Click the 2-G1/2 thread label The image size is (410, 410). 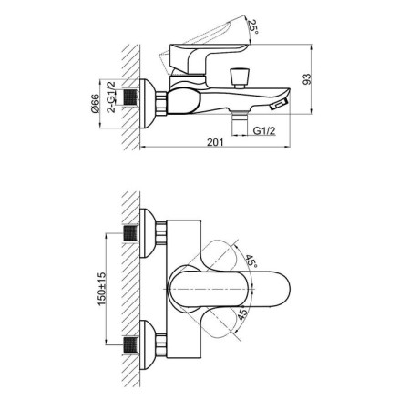[120, 91]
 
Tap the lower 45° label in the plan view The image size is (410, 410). [243, 316]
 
